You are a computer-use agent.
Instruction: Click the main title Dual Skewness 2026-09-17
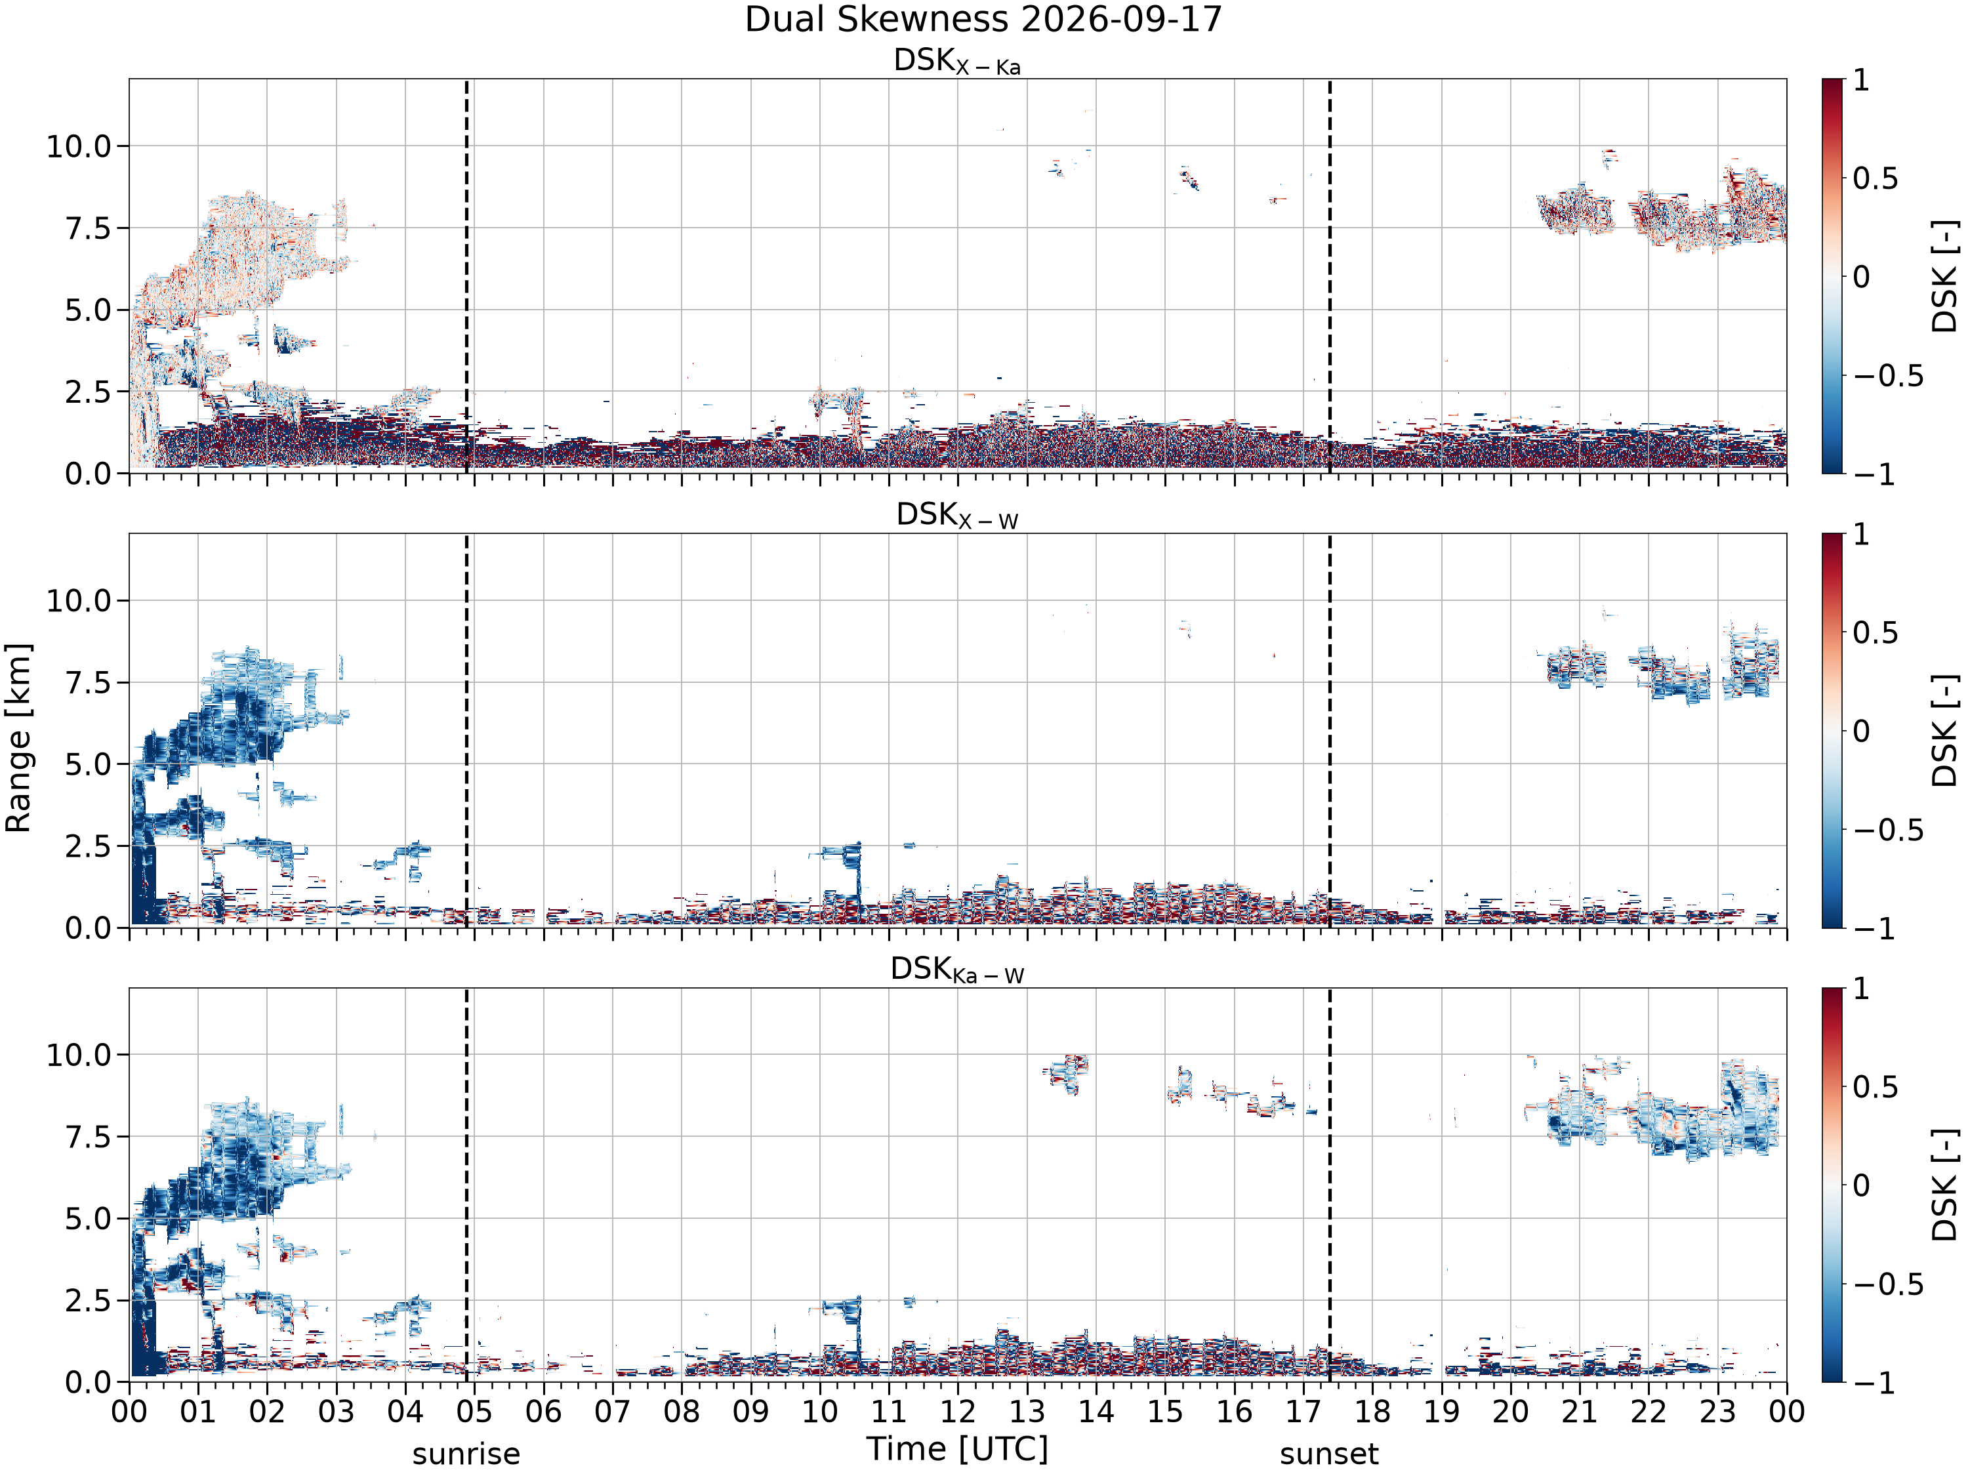click(983, 20)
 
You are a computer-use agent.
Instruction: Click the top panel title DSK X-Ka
click(957, 62)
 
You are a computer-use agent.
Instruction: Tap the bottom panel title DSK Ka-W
click(957, 970)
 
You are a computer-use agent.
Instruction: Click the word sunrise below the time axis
click(466, 1454)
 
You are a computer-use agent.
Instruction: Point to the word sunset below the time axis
click(1329, 1454)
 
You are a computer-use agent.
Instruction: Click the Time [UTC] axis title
click(957, 1449)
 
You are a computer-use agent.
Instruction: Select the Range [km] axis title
click(18, 737)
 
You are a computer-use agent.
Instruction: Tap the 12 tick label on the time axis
click(957, 1411)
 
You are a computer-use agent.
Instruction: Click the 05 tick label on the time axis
click(474, 1411)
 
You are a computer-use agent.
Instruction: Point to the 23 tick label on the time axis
click(1717, 1411)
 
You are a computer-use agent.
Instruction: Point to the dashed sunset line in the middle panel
click(1329, 730)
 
